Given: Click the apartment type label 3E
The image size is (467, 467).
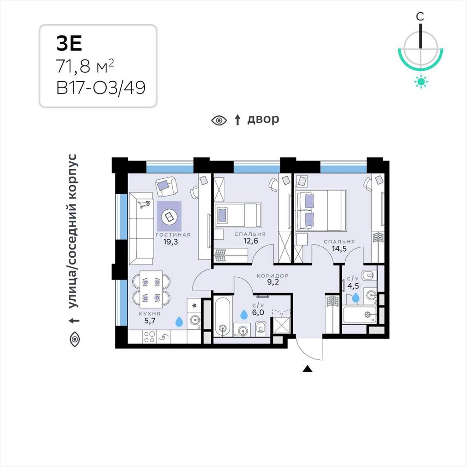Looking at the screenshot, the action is coord(69,43).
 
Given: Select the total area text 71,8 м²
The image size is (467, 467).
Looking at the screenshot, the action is coord(85,66).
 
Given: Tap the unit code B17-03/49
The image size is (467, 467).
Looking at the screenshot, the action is coord(101,88).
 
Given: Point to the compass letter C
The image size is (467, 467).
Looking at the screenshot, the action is coord(420,17).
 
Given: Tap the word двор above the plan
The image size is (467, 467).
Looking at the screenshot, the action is coord(263,119).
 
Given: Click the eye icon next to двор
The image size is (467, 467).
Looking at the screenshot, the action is coord(219,120).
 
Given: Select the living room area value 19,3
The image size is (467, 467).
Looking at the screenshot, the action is coord(171,242).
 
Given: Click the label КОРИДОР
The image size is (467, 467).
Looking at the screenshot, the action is coord(273,276).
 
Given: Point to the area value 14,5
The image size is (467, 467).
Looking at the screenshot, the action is coord(339,249).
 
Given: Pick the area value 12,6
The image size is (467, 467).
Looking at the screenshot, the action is coord(250,241).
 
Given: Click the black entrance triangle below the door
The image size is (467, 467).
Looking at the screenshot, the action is coord(307,369).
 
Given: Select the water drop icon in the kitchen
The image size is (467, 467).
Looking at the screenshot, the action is coord(179,322).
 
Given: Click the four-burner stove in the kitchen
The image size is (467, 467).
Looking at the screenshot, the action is coord(149,337).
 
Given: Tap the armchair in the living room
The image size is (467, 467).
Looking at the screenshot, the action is coord(166,186).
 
